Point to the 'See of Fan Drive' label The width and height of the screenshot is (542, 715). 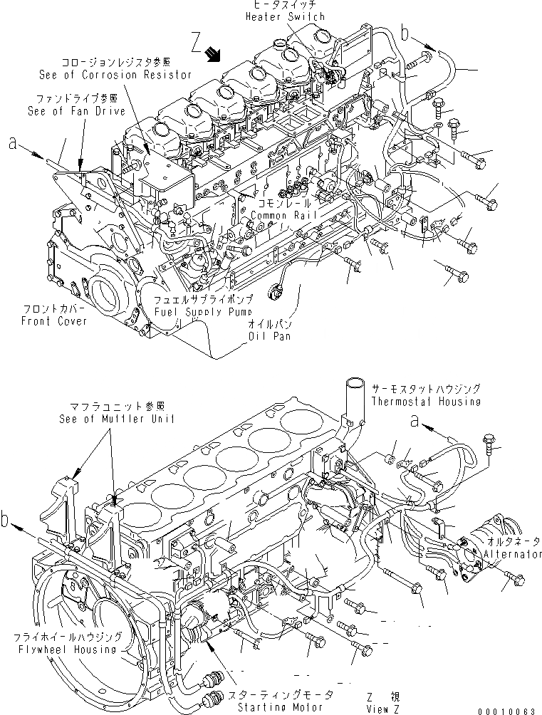(76, 111)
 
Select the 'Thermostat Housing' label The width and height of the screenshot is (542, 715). (425, 401)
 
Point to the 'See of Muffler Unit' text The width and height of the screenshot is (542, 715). (117, 419)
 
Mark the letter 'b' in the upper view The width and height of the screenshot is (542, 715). (405, 33)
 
